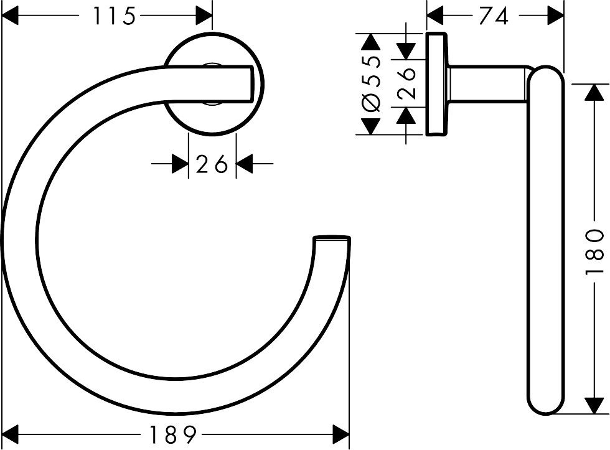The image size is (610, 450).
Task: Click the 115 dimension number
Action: click(x=114, y=16)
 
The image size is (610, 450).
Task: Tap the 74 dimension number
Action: click(x=495, y=16)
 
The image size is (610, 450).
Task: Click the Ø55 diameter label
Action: click(x=372, y=84)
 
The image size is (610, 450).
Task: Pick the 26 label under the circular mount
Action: click(x=212, y=165)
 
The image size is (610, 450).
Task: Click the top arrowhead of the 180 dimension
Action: click(x=595, y=93)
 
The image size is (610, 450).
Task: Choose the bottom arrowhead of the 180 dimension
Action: click(x=595, y=406)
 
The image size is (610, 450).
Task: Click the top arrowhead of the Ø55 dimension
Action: click(x=372, y=42)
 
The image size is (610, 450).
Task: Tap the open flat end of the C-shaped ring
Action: click(x=332, y=238)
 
